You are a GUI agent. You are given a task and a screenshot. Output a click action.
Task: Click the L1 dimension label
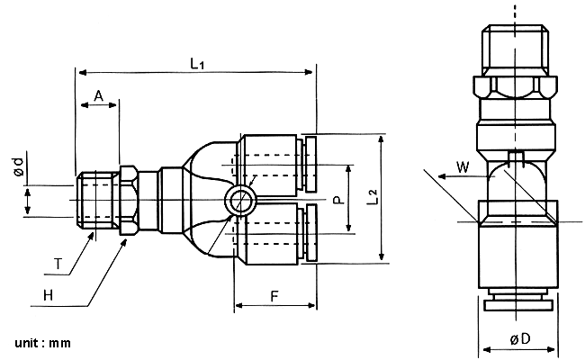coord(197,63)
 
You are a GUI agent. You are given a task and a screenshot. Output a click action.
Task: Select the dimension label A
coord(98,96)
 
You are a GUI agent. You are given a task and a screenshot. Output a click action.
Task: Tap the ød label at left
coord(18,166)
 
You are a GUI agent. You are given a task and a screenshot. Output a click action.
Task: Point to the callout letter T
coord(58,264)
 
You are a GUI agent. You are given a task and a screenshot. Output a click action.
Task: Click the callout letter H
coord(48,295)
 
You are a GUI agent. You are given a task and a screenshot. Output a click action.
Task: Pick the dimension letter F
coord(274,297)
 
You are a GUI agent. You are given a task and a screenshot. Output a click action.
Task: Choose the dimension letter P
coord(338,200)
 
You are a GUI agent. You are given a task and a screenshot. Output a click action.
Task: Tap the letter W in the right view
coord(463,166)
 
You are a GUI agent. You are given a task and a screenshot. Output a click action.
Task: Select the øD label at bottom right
coord(520,339)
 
